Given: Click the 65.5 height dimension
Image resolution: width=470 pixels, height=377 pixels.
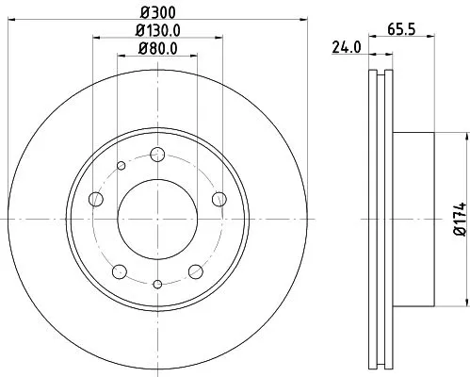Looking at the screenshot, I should pos(402,29).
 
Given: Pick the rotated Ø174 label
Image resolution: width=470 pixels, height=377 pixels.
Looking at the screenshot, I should pos(459,220).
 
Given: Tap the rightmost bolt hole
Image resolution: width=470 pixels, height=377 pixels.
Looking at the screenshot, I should pos(219,198).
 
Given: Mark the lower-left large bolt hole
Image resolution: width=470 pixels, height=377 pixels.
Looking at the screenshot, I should pos(119,271).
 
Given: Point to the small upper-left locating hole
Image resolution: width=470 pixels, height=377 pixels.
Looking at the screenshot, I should pos(121,167).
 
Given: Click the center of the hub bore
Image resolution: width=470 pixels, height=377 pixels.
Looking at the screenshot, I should pos(156,219).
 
